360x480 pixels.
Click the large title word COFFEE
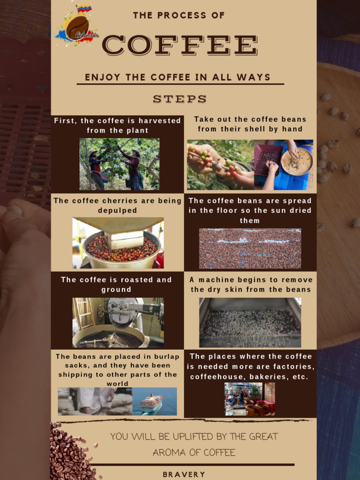pyautogui.click(x=180, y=45)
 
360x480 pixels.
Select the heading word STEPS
pyautogui.click(x=180, y=99)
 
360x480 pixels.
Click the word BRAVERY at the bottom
pyautogui.click(x=184, y=474)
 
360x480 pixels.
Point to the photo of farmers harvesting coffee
pyautogui.click(x=119, y=164)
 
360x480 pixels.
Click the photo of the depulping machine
pyautogui.click(x=118, y=243)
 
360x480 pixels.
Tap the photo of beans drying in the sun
pyautogui.click(x=250, y=248)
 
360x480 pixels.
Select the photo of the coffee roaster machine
pyautogui.click(x=118, y=322)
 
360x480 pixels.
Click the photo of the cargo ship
pyautogui.click(x=155, y=401)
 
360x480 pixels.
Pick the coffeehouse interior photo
pyautogui.click(x=250, y=399)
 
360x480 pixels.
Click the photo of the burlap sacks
pyautogui.click(x=95, y=401)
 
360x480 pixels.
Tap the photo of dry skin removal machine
pyautogui.click(x=250, y=322)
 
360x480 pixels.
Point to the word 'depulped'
pyautogui.click(x=118, y=210)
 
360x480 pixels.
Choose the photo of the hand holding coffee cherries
pyautogui.click(x=220, y=165)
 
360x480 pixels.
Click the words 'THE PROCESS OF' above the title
pyautogui.click(x=179, y=15)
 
